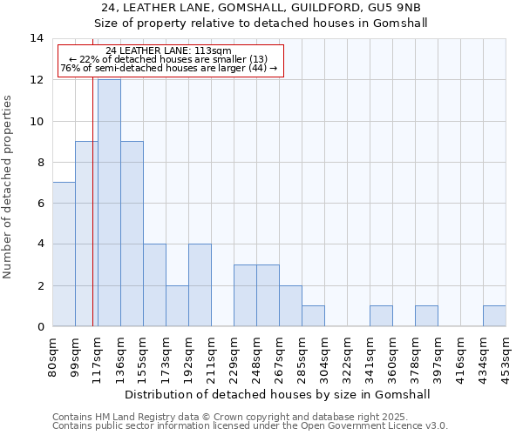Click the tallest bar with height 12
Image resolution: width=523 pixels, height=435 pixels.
coord(109,203)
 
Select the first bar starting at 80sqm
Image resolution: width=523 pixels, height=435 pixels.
coord(64,254)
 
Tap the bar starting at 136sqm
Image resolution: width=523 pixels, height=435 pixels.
coord(132,234)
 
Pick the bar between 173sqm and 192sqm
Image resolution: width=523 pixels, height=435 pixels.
coord(177,305)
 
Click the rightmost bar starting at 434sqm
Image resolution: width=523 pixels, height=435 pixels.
coord(494,316)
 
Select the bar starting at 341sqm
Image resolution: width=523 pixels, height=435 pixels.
coord(381,316)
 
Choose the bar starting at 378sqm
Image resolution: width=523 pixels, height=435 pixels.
coord(426,316)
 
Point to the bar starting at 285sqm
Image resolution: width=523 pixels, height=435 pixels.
coord(313,316)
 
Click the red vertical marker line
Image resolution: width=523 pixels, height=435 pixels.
coord(92,217)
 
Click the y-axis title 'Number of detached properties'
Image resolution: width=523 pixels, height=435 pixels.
coord(9,187)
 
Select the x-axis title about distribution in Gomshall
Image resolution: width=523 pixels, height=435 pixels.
coord(277,394)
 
